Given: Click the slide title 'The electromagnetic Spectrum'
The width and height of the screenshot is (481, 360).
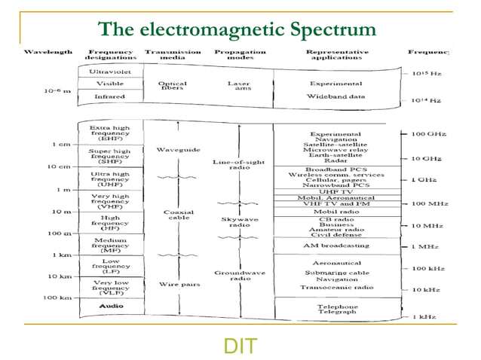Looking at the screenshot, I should pos(237,29).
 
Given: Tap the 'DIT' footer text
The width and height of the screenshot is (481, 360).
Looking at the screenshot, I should pos(240,346).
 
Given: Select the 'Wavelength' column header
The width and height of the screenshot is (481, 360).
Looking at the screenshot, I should pos(48,53).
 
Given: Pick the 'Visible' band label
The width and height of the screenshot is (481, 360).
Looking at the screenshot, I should pos(109,84).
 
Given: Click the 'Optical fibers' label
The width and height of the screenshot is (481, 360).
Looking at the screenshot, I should pos(173,87).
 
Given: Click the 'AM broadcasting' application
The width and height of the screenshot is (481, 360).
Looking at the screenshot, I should pos(326,246).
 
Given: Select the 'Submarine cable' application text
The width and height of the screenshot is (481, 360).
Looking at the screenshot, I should pos(326,272).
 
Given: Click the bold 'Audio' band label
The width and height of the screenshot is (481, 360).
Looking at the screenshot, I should pos(109,307).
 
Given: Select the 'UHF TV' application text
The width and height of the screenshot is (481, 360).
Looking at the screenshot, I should pos(326,191).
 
